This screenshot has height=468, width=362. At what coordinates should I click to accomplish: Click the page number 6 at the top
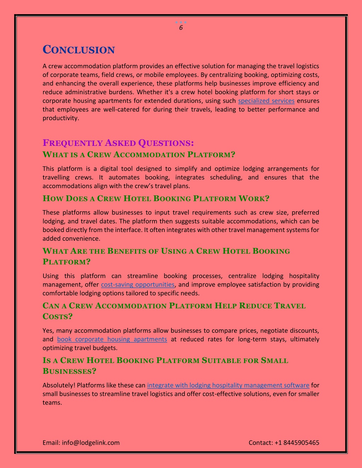[181, 28]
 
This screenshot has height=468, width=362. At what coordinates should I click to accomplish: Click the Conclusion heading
[78, 50]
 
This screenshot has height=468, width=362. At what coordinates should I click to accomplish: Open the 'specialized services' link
[266, 101]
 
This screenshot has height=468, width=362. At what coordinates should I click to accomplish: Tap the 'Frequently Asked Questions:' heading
[118, 143]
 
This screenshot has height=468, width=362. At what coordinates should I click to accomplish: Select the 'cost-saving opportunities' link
[138, 284]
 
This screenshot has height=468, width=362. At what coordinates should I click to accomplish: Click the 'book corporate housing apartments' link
[112, 339]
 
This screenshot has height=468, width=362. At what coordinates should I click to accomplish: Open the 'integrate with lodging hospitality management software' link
[228, 385]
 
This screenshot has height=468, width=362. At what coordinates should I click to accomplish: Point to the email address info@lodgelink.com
[91, 443]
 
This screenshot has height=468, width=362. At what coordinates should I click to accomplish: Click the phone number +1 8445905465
[297, 443]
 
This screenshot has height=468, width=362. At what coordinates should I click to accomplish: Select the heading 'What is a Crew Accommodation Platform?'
[139, 154]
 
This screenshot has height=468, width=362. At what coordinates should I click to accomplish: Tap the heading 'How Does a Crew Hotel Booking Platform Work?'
[156, 198]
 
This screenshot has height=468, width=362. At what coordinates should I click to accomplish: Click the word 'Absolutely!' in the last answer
[59, 385]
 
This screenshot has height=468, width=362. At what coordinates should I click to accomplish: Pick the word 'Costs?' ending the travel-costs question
[57, 316]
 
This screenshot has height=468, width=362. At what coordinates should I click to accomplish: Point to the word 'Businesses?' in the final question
[69, 371]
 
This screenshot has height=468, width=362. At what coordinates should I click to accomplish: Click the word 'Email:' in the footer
[51, 443]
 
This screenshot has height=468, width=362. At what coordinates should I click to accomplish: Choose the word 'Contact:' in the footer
[261, 443]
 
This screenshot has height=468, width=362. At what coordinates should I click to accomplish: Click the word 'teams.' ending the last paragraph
[52, 402]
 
